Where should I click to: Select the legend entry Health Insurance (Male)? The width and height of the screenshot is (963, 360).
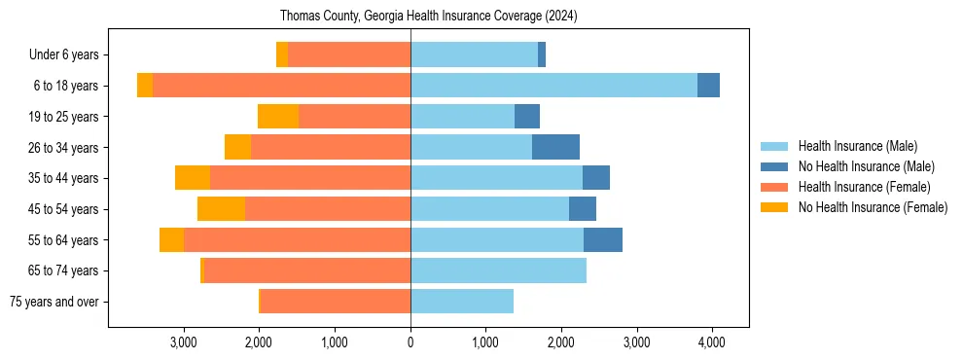coord(857,146)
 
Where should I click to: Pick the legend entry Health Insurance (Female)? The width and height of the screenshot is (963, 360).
coord(864,187)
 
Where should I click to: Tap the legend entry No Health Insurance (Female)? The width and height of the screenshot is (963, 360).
coord(873,207)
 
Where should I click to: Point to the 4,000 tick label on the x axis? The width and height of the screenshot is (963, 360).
coord(711,342)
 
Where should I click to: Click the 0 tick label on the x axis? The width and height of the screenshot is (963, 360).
coord(410,342)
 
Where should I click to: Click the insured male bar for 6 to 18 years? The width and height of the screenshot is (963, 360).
coord(553,86)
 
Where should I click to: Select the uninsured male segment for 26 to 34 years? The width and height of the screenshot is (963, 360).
coord(555,147)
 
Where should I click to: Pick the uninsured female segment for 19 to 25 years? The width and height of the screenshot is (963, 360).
coord(278,117)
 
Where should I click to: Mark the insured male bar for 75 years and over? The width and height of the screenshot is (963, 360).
coord(462,302)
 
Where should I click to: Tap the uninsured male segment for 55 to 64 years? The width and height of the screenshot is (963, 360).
coord(603,240)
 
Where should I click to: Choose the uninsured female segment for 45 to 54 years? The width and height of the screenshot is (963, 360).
coord(221,209)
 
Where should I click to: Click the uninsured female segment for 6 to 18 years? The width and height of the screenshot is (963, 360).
coord(145,86)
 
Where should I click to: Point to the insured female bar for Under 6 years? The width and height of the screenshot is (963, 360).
coord(349,54)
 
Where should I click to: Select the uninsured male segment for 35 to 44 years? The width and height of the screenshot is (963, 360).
coord(596,178)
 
